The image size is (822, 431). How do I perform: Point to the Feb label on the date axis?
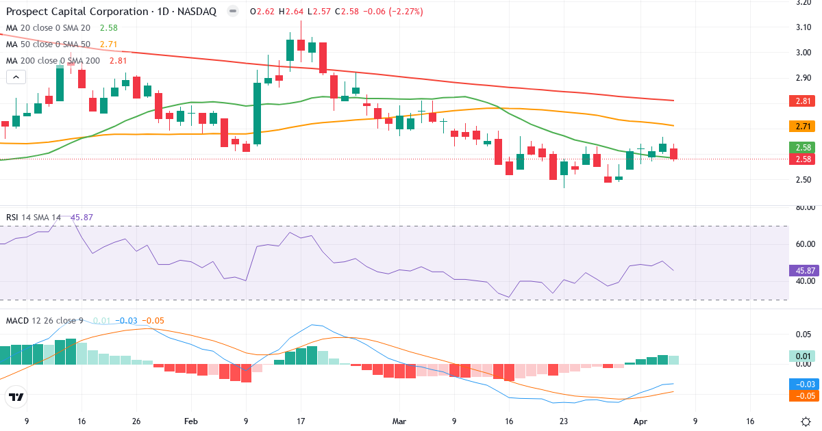191,421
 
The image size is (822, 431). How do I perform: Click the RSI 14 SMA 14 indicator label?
33,217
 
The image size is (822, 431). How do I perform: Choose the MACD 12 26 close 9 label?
45,320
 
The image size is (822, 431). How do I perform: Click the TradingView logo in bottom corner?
16,397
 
